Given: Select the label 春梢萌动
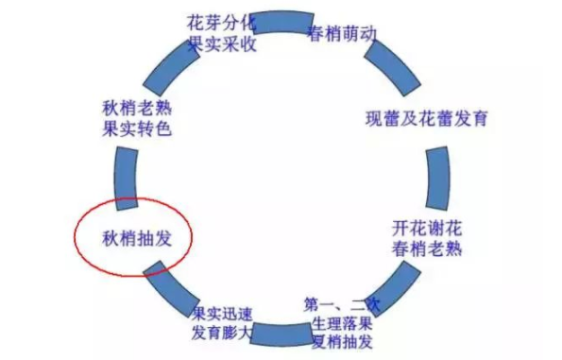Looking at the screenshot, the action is pyautogui.click(x=344, y=33).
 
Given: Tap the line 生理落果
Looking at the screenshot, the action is pyautogui.click(x=341, y=324).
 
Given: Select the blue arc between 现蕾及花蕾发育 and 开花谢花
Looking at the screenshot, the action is pyautogui.click(x=435, y=174).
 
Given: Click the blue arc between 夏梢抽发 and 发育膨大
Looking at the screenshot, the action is pyautogui.click(x=280, y=335).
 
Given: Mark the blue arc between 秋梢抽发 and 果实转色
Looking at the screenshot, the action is pyautogui.click(x=125, y=176).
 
